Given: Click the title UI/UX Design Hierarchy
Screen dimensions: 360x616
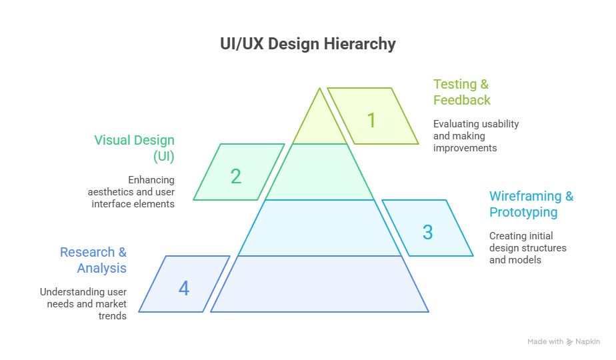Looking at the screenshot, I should (x=308, y=44).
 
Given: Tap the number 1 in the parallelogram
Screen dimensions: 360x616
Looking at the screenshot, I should (x=371, y=121).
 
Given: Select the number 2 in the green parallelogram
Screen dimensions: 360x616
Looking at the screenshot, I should (x=235, y=177).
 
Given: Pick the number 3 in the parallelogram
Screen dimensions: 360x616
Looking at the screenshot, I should (x=427, y=232).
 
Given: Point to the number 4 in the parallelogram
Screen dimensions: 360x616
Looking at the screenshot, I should (x=183, y=289).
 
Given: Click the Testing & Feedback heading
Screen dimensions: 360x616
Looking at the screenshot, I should (x=461, y=92).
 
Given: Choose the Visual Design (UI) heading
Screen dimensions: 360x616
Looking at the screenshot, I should (x=135, y=148).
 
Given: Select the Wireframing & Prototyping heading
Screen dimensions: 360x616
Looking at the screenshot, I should (x=531, y=204).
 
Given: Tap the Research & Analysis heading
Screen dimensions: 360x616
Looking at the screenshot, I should (x=94, y=260).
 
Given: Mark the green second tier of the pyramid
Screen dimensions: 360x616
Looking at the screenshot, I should (x=320, y=172).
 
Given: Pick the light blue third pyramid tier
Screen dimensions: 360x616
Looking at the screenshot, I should (x=320, y=228).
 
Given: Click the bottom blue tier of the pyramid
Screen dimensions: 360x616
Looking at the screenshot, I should (x=320, y=284).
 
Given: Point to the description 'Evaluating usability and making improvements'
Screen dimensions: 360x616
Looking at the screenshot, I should (x=475, y=136).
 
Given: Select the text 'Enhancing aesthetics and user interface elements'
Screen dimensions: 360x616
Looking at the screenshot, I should (x=132, y=192).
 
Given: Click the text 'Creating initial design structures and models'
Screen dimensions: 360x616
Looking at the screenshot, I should (x=527, y=247).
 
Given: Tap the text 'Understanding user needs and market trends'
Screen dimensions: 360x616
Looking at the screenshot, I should (x=83, y=303).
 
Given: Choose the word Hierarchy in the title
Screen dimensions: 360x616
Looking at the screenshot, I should (x=360, y=44).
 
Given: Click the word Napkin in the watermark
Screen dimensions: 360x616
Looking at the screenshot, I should (x=588, y=342).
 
